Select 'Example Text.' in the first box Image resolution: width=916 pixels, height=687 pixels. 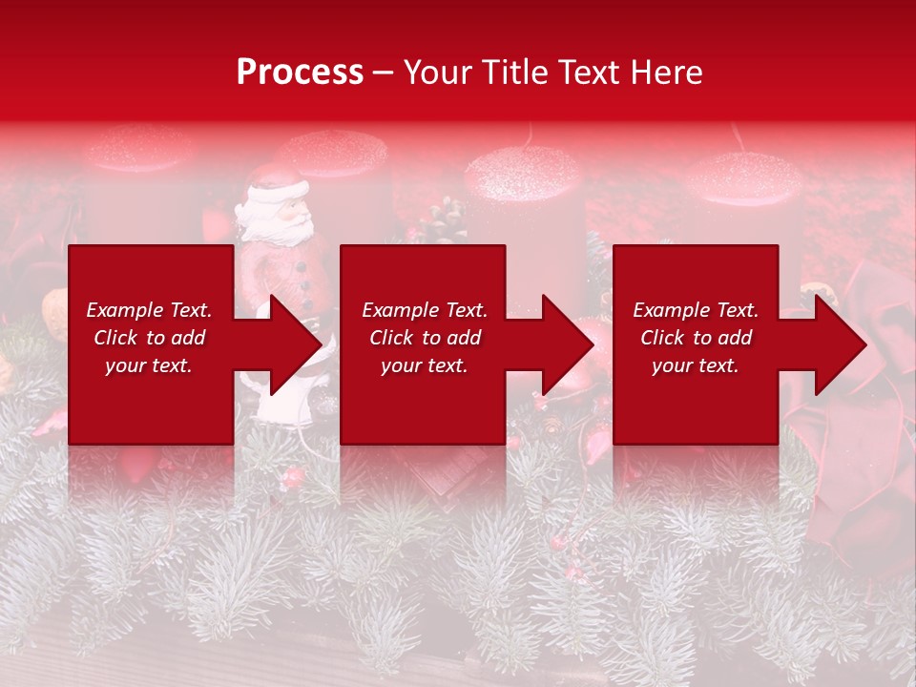point(149,310)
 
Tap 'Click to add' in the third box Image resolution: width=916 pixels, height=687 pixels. point(697,338)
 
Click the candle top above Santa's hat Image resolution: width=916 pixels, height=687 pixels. point(330,151)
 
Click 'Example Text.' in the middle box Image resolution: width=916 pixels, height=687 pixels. point(425,310)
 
